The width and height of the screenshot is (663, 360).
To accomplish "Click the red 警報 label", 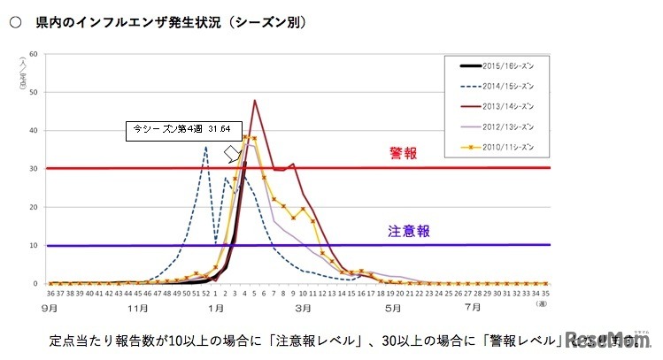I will coord(403,153).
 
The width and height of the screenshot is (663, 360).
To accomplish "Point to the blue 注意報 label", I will coord(409,231).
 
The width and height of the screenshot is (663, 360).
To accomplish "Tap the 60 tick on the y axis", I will coord(33,54).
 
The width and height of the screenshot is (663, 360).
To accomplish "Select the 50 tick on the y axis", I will coord(33,92).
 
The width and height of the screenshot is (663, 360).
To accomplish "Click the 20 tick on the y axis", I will coord(33,207).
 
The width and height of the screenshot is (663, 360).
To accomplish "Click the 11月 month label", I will coord(136,308).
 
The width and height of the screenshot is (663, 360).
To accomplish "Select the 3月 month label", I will coord(302,308).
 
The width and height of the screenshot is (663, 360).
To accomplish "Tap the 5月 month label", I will coord(389,308).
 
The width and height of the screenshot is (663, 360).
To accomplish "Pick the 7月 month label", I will coord(474,308).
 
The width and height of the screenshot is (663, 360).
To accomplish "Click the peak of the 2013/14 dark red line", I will coord(255,100).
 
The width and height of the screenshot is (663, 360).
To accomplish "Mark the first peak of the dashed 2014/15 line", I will coord(205,147).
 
